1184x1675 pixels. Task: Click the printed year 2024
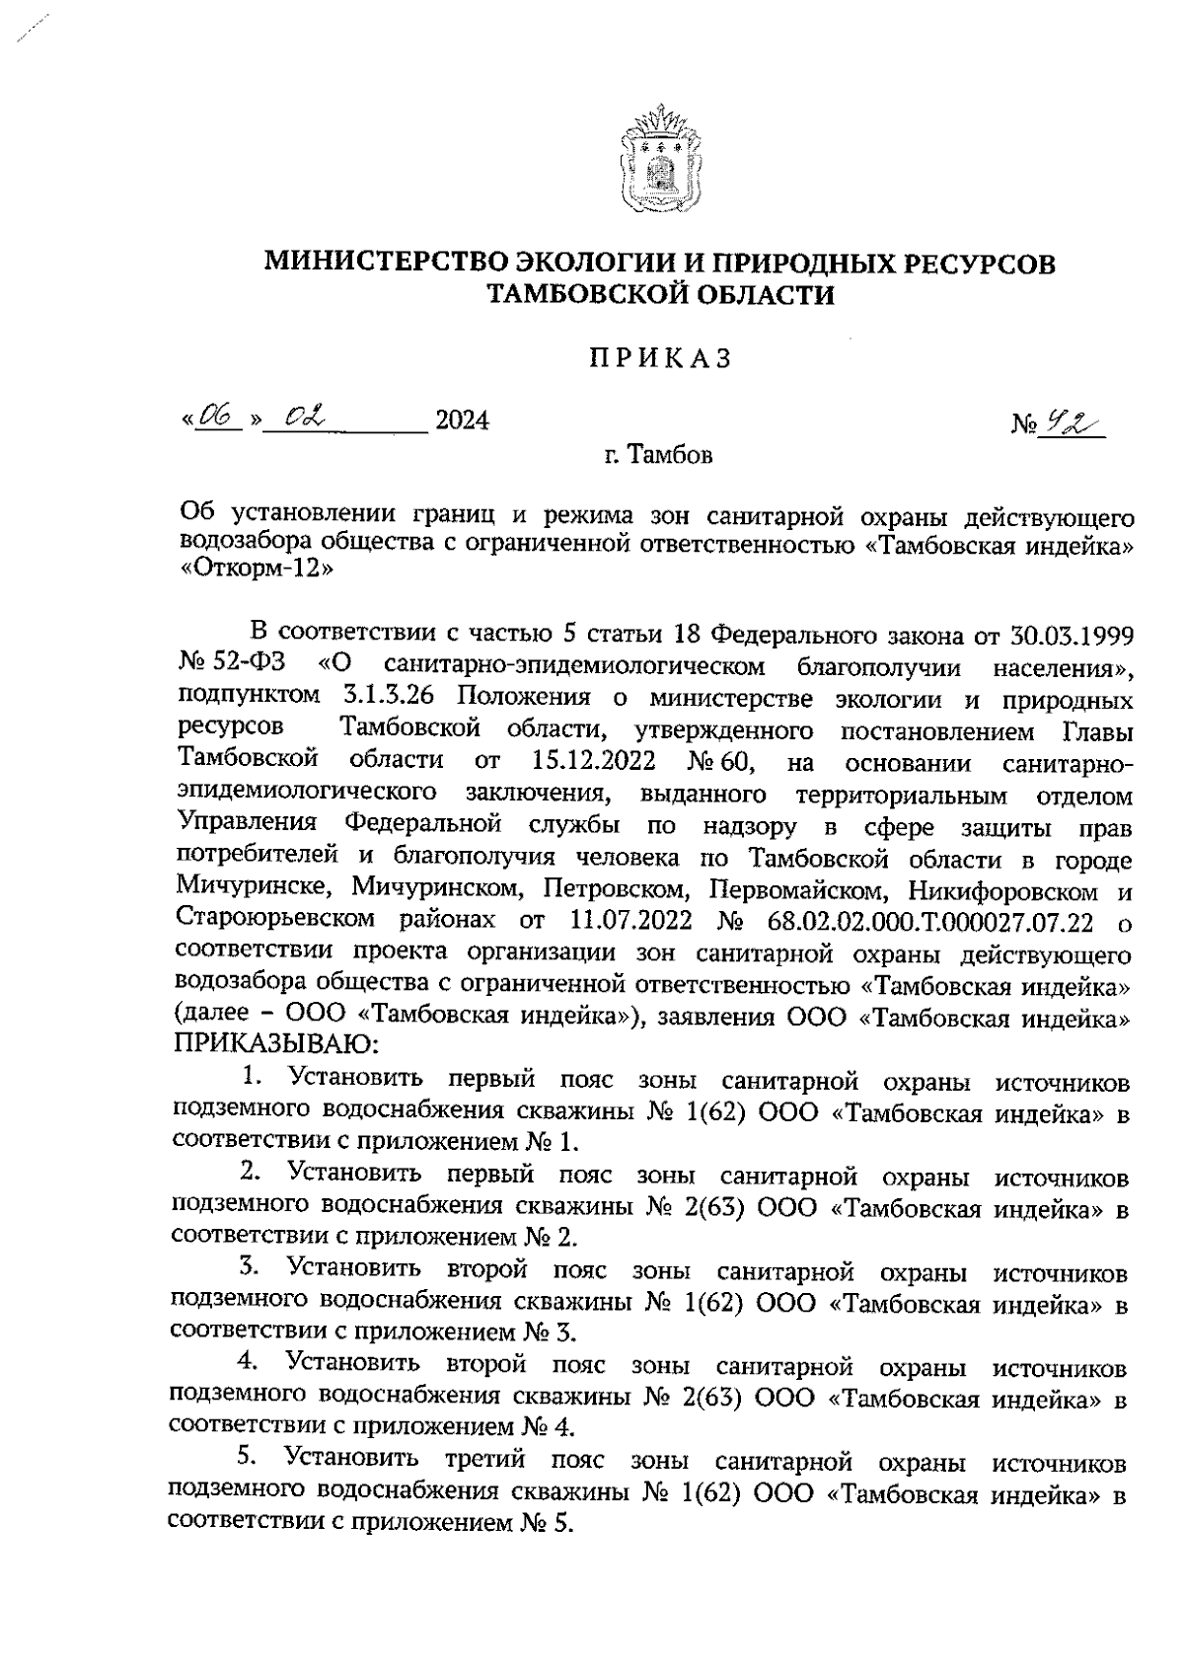click(x=462, y=421)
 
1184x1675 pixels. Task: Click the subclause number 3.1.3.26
click(x=391, y=697)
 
